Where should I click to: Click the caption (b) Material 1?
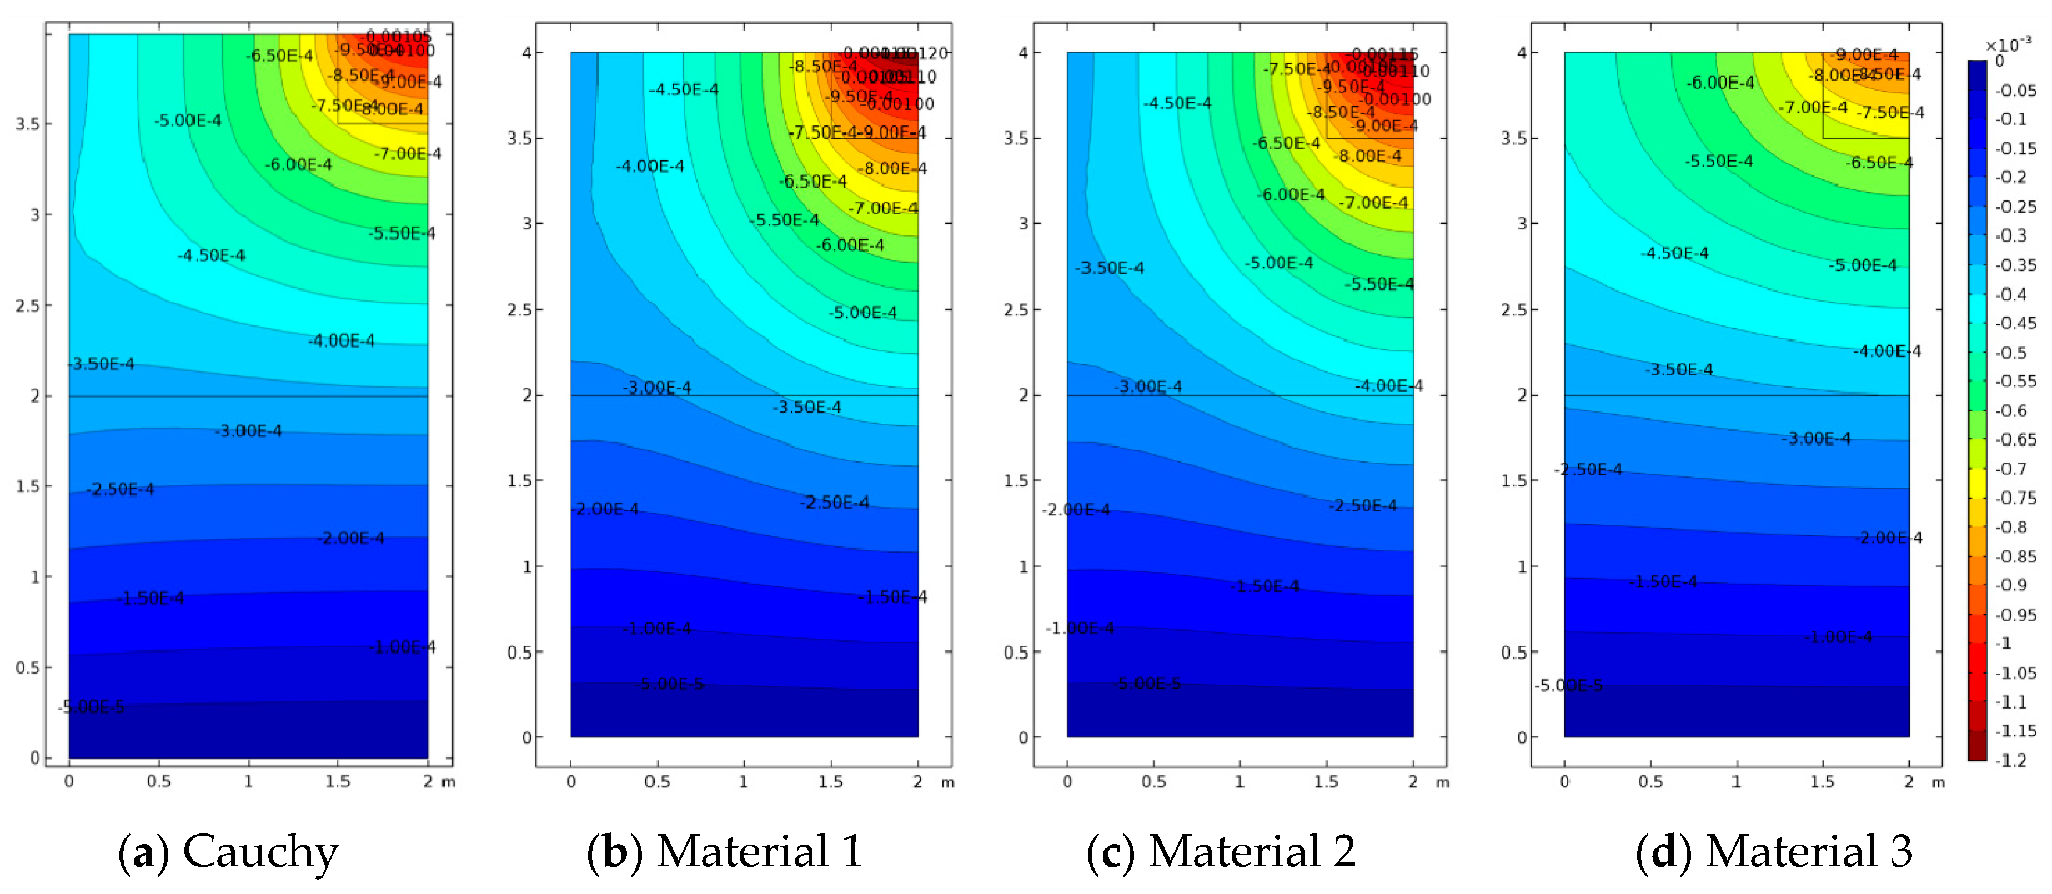(x=724, y=852)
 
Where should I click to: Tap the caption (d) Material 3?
(x=1773, y=852)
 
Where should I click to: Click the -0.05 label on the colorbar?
(x=2015, y=90)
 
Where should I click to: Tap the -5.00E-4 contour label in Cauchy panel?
(x=188, y=120)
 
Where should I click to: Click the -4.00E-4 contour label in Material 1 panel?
(x=649, y=165)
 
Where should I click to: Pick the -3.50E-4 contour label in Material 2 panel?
(x=1109, y=268)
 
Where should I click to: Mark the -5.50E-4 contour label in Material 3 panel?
(x=1718, y=161)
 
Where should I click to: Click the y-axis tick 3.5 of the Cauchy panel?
(x=28, y=124)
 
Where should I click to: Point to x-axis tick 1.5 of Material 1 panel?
(x=830, y=782)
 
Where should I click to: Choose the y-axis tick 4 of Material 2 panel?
(x=1023, y=53)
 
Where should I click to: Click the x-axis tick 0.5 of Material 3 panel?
(x=1650, y=782)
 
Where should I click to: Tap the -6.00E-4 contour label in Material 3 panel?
(x=1720, y=82)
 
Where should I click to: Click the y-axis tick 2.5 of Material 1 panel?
(x=520, y=309)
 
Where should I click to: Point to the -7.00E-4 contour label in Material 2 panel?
(x=1373, y=202)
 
